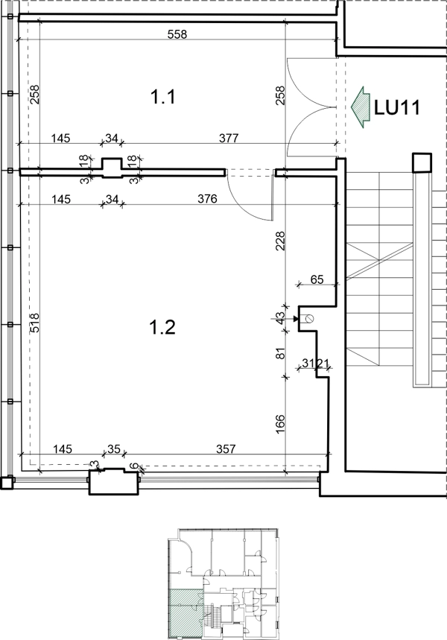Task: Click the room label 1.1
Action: [x=163, y=97]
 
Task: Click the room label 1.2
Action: [x=163, y=327]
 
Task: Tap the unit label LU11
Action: [x=397, y=108]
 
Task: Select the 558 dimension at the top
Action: [x=177, y=34]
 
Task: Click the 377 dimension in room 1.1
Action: [x=229, y=138]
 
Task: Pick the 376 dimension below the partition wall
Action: [x=207, y=199]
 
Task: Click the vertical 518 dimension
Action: [x=35, y=323]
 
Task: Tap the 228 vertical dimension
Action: [x=280, y=241]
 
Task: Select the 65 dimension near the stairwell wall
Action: [x=317, y=279]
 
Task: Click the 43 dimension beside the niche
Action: [x=280, y=318]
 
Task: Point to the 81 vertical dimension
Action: [x=280, y=353]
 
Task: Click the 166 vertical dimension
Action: [x=280, y=424]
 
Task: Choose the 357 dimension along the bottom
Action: [x=226, y=449]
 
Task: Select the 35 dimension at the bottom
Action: [x=114, y=449]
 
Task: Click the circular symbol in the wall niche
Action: [x=310, y=319]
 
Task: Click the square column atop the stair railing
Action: [x=422, y=163]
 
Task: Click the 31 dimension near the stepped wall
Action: [x=308, y=362]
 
